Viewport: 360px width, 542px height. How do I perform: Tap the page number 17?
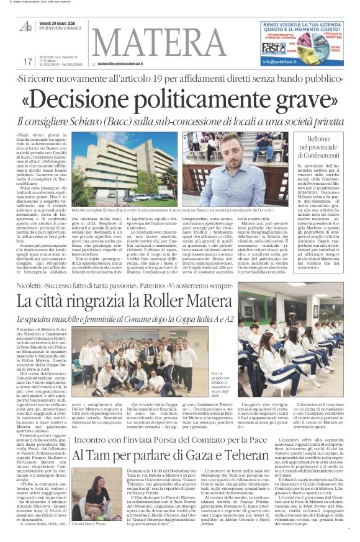coord(27,61)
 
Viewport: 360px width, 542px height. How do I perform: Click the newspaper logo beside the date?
coord(25,25)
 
